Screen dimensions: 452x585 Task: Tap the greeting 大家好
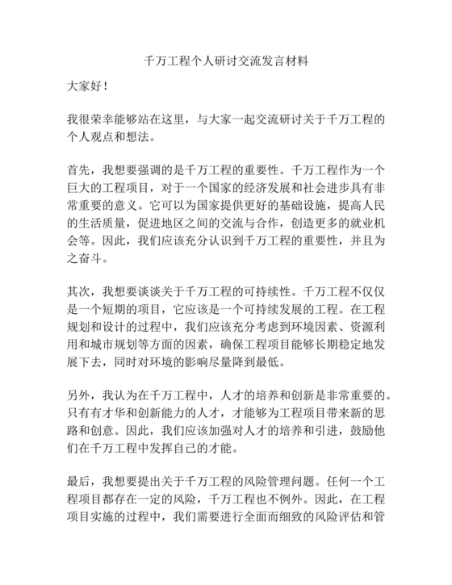point(86,84)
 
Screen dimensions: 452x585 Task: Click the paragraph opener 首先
point(79,173)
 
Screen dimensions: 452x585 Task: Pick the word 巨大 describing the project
point(79,191)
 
